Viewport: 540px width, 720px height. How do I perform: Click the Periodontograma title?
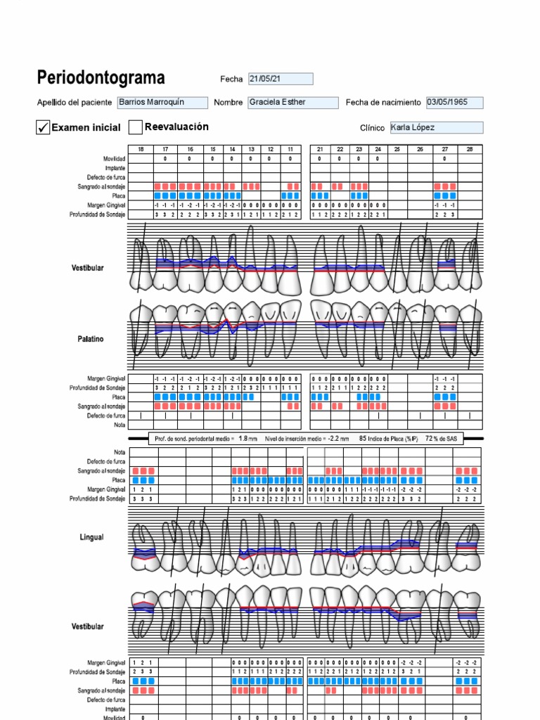(101, 77)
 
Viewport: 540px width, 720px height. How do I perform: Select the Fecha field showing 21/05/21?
(281, 79)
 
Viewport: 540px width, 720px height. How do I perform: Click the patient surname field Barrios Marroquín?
(162, 103)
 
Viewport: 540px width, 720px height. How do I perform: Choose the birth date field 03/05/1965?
(454, 103)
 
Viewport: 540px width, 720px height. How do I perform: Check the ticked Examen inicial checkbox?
(43, 127)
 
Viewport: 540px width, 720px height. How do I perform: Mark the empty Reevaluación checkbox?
(136, 127)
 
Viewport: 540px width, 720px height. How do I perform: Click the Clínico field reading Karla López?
(436, 127)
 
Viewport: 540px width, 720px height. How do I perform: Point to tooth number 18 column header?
(141, 149)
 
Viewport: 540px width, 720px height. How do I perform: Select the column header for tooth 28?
(470, 149)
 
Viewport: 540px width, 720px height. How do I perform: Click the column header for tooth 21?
(320, 149)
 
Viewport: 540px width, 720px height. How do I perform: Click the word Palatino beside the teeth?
(90, 339)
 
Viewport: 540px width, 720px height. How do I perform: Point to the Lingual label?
(91, 537)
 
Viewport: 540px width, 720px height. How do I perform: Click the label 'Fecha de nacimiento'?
(382, 103)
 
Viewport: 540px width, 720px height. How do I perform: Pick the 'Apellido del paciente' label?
(74, 103)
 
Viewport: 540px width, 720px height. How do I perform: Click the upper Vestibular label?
(87, 268)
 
